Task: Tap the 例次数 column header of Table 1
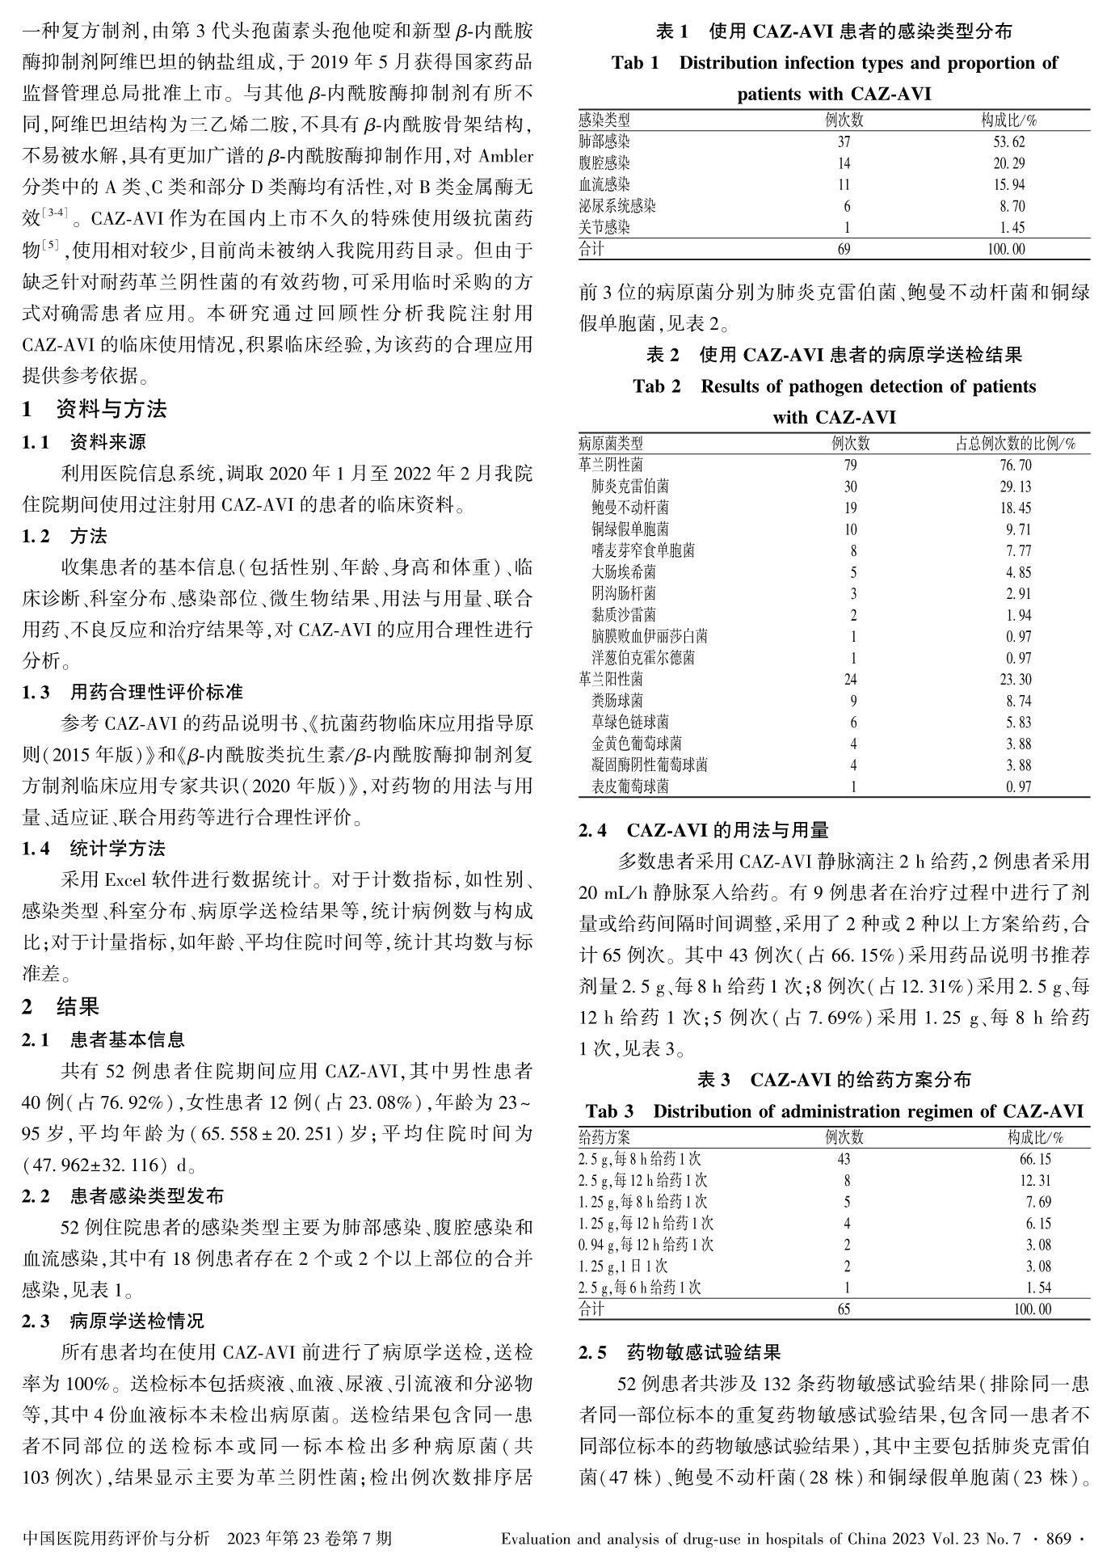tap(844, 120)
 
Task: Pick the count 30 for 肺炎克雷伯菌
tap(849, 487)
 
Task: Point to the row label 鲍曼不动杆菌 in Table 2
tap(630, 508)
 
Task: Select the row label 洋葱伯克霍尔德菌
tap(643, 658)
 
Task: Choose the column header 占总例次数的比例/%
tap(1015, 443)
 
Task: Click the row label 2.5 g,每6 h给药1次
tap(640, 1287)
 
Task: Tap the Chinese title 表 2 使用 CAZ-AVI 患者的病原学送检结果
tap(834, 354)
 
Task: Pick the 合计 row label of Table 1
tap(591, 249)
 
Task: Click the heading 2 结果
tap(61, 1006)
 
